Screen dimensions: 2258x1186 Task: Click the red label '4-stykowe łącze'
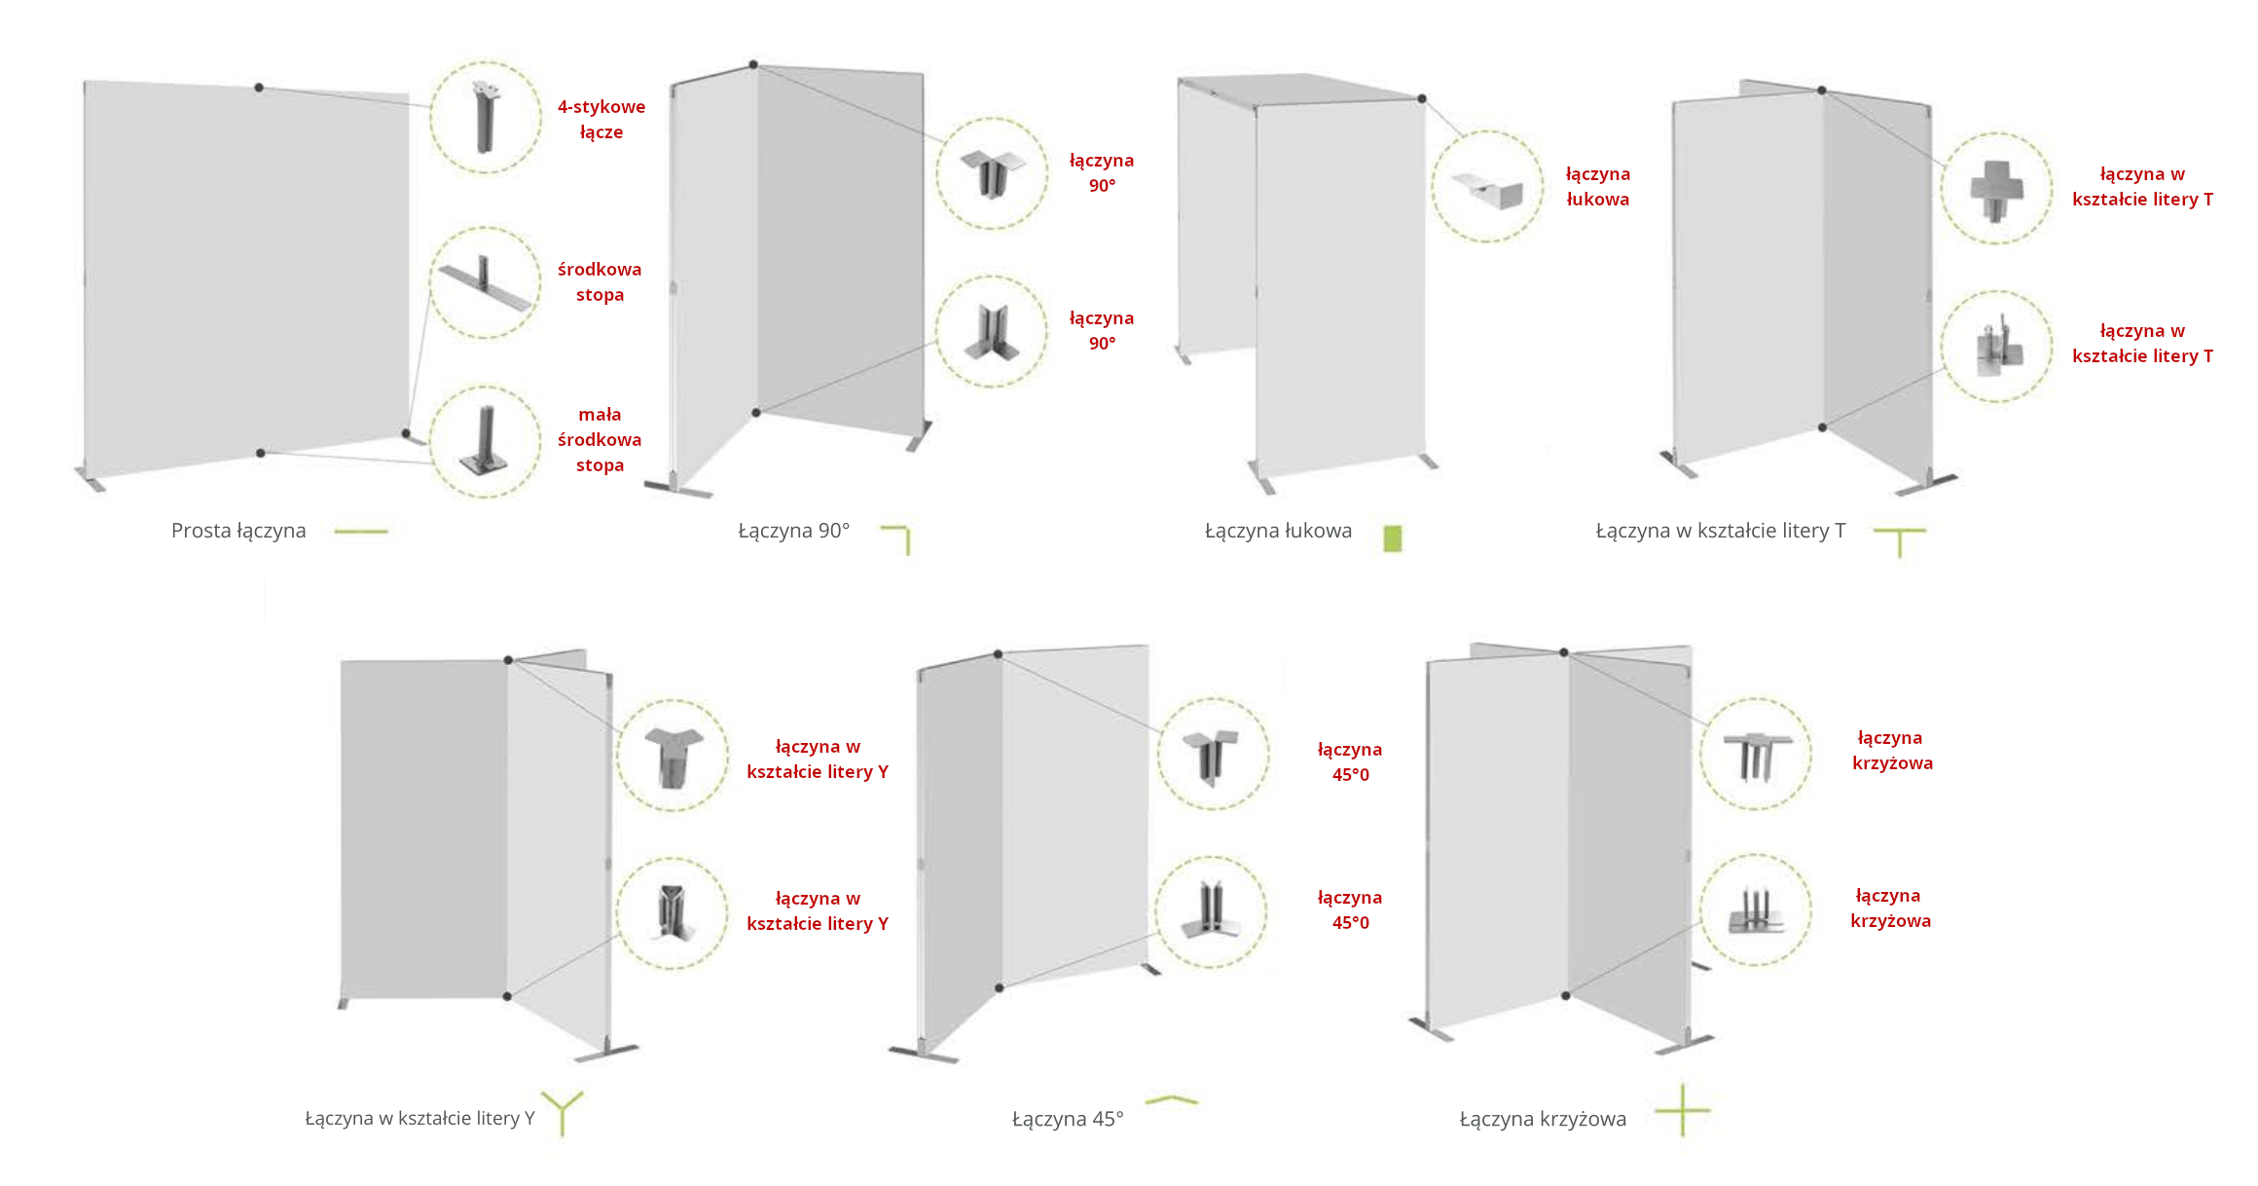[601, 119]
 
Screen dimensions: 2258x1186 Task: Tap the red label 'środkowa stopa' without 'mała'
[600, 281]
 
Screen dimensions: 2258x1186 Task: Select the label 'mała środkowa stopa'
[600, 439]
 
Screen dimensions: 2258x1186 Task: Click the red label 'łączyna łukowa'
[1597, 186]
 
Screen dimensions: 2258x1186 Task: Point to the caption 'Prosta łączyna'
[238, 531]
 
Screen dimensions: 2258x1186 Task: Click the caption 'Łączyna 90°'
[793, 531]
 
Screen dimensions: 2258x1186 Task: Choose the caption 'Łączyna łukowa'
[1278, 531]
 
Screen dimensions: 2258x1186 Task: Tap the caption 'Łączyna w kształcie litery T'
[1720, 531]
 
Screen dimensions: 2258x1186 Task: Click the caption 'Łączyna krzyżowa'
[1543, 1119]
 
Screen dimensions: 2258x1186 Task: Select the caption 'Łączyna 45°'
[1068, 1119]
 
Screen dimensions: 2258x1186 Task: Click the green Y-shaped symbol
[563, 1112]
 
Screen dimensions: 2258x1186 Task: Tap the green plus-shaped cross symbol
[1683, 1110]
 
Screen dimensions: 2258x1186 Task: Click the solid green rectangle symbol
[1393, 538]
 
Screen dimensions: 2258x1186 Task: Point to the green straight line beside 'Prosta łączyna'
[361, 532]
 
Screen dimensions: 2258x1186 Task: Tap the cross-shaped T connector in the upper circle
[1996, 190]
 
